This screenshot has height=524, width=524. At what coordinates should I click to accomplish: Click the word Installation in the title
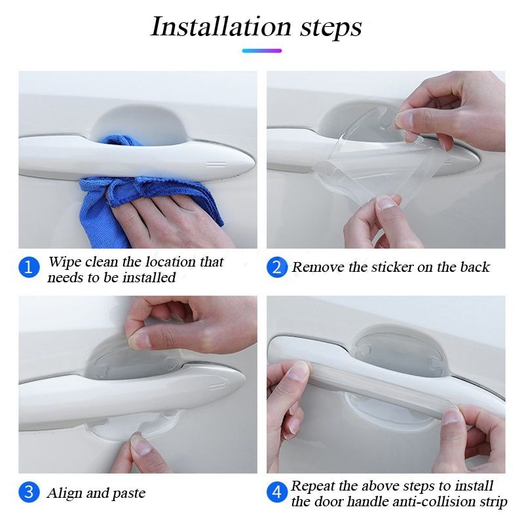coord(221,26)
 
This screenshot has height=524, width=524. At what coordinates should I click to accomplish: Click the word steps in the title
coord(331,28)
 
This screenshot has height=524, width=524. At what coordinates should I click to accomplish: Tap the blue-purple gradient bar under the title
coord(261,51)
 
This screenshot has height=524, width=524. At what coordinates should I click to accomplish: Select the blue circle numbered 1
coord(29,267)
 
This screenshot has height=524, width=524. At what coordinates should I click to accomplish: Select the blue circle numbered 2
coord(277,267)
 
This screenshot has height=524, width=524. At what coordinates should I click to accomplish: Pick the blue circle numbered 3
coord(29,493)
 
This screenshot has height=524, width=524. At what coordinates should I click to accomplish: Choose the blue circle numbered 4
coord(277,493)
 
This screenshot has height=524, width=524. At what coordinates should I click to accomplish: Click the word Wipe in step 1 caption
coord(64,261)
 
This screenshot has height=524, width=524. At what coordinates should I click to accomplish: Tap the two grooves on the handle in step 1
coord(216,164)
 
